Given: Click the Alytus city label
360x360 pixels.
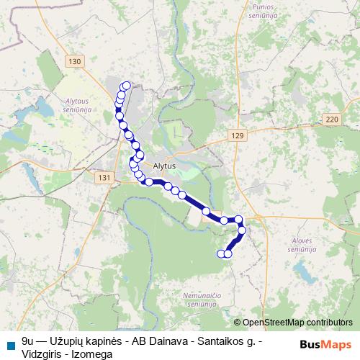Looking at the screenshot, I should coord(164,165).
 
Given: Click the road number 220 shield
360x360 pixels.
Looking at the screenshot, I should coord(331,119).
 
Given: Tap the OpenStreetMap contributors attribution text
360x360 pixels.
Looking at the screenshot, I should coord(297,323).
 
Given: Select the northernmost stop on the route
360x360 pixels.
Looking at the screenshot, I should coord(127,86).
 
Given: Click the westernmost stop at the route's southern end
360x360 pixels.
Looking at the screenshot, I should coord(221,253).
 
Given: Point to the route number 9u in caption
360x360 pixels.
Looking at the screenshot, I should coord(28,338).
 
